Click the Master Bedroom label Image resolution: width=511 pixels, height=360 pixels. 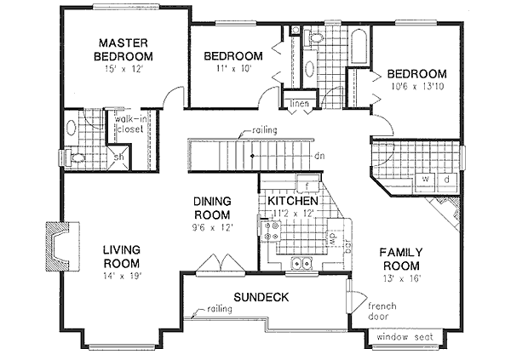coord(123,49)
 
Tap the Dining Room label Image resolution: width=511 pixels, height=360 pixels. coord(212,204)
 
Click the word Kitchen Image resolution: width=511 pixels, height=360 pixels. coord(294,201)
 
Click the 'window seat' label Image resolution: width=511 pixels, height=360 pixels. coord(406,338)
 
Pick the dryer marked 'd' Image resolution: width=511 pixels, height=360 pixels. coord(445,180)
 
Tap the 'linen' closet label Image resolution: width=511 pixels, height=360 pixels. coord(299,104)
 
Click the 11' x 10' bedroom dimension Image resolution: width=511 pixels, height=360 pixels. coord(232,71)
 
